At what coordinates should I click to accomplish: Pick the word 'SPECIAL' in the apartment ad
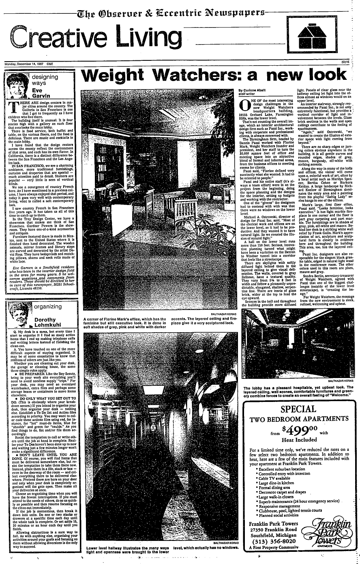(x=298, y=408)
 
